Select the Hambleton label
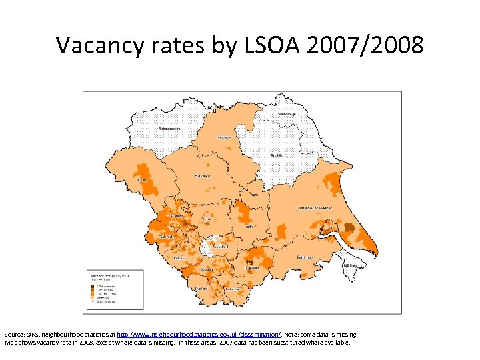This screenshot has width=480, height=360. pyautogui.click(x=223, y=137)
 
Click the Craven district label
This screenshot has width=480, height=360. pyautogui.click(x=141, y=179)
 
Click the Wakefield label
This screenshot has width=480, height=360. pyautogui.click(x=221, y=246)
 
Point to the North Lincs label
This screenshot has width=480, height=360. pyautogui.click(x=306, y=257)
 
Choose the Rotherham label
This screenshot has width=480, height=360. pyautogui.click(x=233, y=289)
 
